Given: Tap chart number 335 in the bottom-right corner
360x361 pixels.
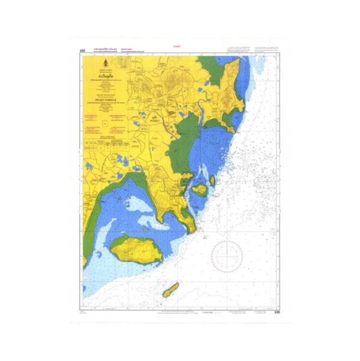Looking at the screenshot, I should [x=276, y=312].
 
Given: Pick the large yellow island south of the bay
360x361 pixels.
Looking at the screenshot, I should [x=138, y=248].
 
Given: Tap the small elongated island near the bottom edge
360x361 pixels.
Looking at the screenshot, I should [x=170, y=290].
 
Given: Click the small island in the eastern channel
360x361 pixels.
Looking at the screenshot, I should [x=199, y=190].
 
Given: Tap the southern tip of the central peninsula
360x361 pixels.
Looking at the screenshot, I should [x=191, y=229].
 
